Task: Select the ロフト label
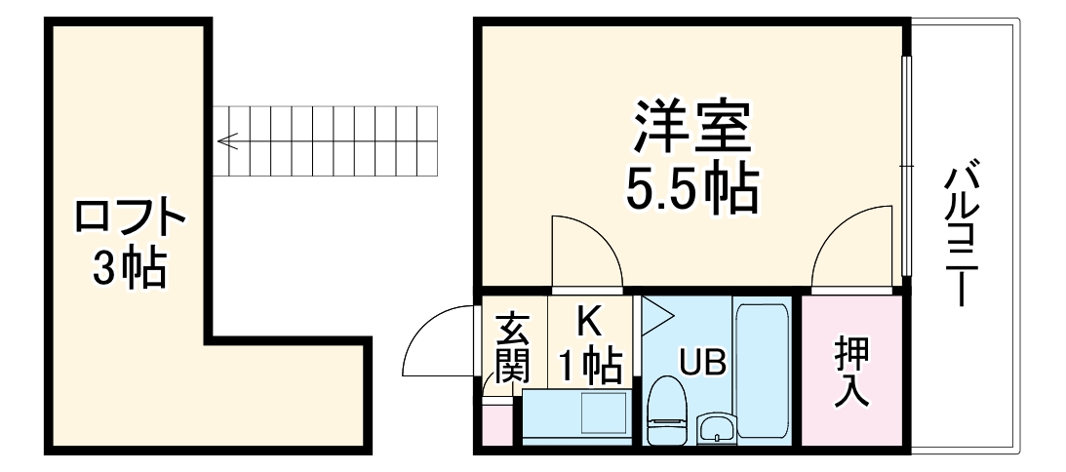130,216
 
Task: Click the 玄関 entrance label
512,348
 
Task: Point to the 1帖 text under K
589,367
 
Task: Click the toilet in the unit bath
668,407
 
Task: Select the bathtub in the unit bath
764,371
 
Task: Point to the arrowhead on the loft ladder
226,142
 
